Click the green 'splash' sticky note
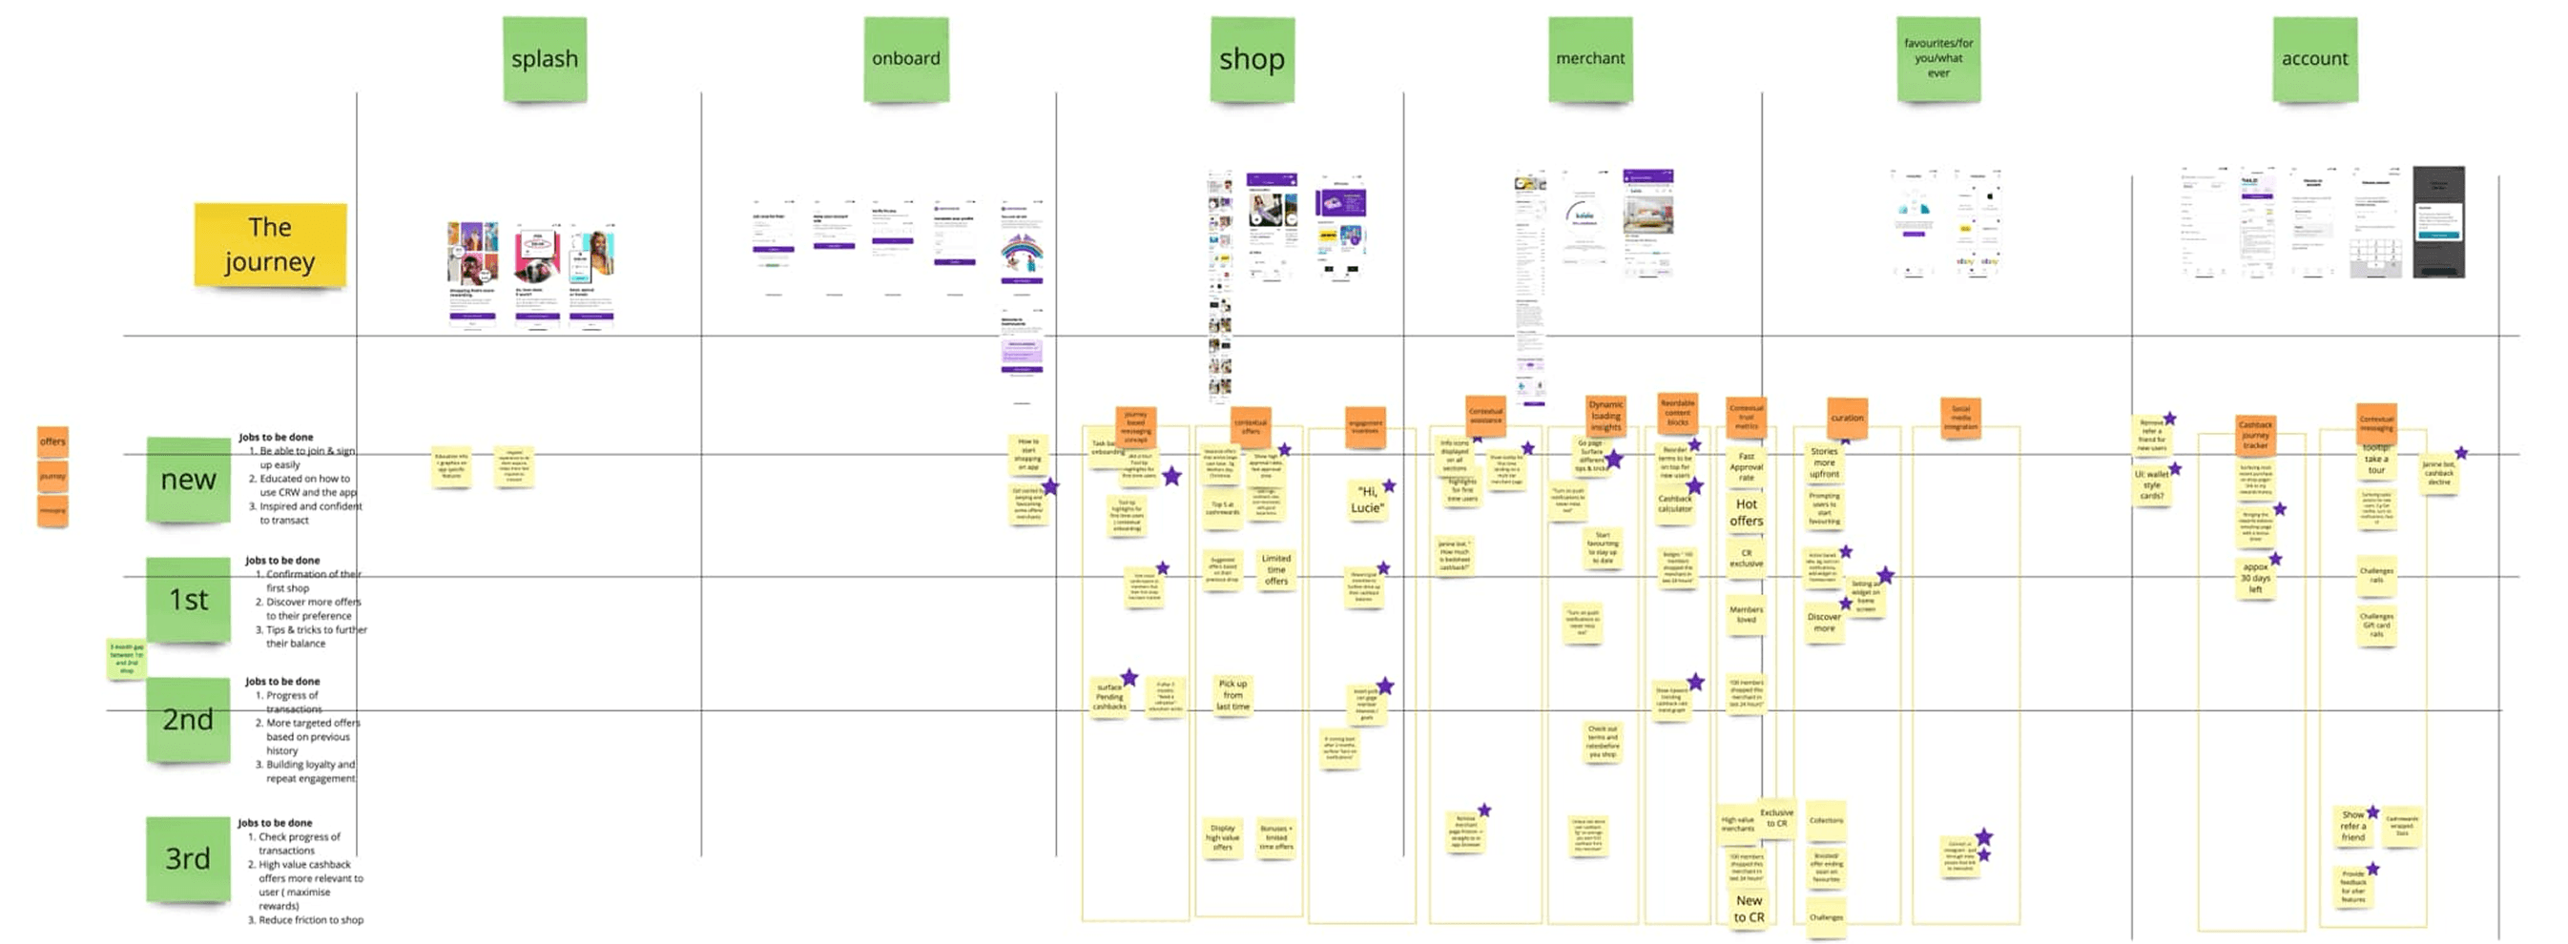pos(545,59)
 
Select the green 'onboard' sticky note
pos(905,59)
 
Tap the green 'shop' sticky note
pos(1253,59)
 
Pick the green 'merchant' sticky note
pos(1590,59)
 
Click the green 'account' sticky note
pos(2315,59)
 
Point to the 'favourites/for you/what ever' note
pos(1938,59)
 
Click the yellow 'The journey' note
pos(270,245)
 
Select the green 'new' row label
pos(189,480)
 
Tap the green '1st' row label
pos(189,599)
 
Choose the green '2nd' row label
pos(189,719)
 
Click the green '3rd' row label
pos(189,858)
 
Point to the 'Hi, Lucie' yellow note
pos(1367,500)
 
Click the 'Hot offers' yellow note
pos(1746,512)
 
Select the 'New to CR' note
pos(1749,909)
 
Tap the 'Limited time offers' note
pos(1276,569)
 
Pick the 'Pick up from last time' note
pos(1232,695)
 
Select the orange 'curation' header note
pos(1846,418)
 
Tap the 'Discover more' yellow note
pos(1823,622)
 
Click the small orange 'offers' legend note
pos(52,441)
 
